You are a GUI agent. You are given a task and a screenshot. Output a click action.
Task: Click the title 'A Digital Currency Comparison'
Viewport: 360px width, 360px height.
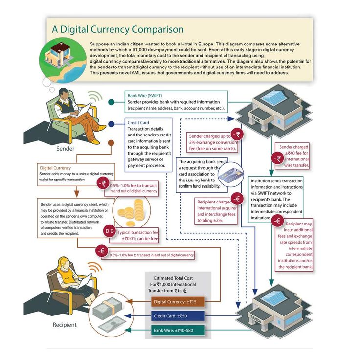click(x=118, y=29)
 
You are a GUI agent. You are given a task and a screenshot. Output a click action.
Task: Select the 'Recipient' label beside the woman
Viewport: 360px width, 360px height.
click(x=65, y=324)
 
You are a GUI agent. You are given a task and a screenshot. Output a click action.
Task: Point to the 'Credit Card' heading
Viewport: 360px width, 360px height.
click(x=138, y=122)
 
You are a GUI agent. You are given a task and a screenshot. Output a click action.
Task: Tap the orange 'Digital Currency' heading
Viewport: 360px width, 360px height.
click(x=55, y=168)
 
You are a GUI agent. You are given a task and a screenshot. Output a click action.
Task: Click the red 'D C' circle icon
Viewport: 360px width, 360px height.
click(x=110, y=231)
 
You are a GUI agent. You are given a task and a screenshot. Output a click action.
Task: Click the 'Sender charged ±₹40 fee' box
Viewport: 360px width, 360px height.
click(x=293, y=156)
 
